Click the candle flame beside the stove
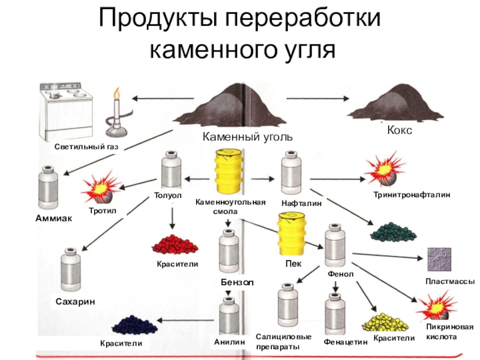(116, 94)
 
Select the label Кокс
(400, 130)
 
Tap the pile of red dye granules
(175, 244)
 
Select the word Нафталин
(302, 204)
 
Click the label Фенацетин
(344, 342)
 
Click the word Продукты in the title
(158, 20)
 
